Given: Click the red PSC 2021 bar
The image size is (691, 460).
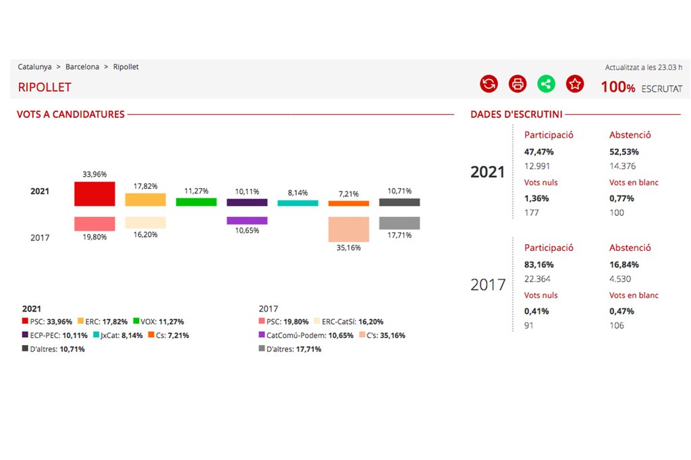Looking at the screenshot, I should click(x=94, y=194).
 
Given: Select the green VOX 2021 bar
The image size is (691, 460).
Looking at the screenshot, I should click(x=196, y=202).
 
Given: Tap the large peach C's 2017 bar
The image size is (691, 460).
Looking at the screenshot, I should click(x=349, y=229).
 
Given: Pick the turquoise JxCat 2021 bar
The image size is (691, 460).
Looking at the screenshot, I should click(x=298, y=202).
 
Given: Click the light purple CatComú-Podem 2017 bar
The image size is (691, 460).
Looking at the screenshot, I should click(x=247, y=221).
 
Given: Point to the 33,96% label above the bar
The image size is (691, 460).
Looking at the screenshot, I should click(x=94, y=174).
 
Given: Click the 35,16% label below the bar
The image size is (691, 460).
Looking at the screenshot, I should click(x=349, y=248).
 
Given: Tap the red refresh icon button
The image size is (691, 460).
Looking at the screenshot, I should click(x=489, y=84).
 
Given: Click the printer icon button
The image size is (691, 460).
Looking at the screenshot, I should click(x=518, y=84).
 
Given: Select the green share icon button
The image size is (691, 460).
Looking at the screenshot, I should click(x=546, y=84).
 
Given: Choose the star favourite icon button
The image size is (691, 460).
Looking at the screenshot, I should click(x=575, y=84).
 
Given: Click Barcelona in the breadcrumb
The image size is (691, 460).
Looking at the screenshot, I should click(x=82, y=67).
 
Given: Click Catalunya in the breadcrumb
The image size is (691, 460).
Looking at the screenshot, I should click(x=35, y=67).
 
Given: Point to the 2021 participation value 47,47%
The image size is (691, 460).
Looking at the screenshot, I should click(x=538, y=152).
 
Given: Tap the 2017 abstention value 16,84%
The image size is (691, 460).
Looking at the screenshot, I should click(x=624, y=264).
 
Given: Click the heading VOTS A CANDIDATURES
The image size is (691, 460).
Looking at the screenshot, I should click(x=71, y=115).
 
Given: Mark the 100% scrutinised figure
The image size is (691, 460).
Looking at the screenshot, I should click(x=618, y=88).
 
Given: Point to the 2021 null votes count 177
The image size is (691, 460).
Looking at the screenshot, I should click(x=532, y=212).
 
